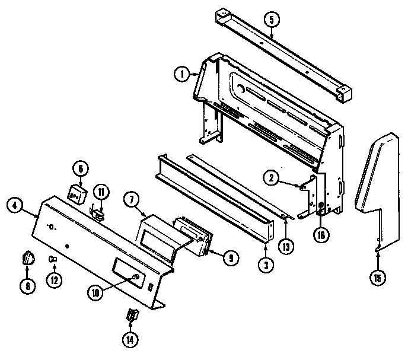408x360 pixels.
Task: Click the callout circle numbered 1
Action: [181, 75]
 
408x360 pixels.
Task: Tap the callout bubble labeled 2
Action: [270, 176]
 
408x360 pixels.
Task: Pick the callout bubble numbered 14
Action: [130, 340]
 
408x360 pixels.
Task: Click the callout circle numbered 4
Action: [15, 206]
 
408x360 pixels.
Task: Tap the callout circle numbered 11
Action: [101, 192]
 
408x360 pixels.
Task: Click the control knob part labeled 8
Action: [28, 258]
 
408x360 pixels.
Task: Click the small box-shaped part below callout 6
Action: [77, 193]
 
